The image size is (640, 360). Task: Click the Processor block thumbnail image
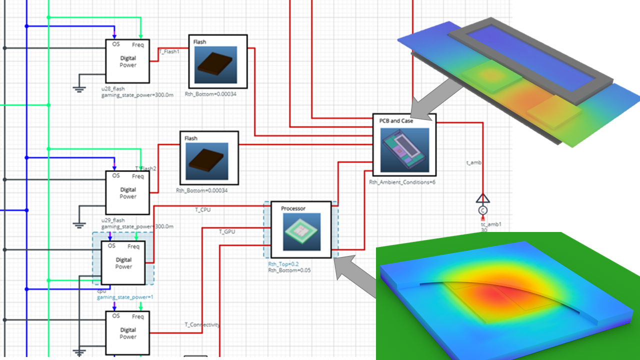tap(301, 232)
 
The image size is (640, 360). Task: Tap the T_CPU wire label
tap(203, 210)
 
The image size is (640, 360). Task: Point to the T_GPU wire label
tap(227, 231)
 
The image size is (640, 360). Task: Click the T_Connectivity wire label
tap(202, 325)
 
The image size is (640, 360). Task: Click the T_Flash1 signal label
tap(169, 51)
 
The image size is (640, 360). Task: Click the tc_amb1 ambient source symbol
tap(482, 210)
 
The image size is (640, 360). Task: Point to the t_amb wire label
tap(472, 162)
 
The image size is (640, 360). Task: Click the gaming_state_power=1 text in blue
tap(125, 297)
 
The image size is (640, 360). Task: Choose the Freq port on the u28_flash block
tap(138, 44)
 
